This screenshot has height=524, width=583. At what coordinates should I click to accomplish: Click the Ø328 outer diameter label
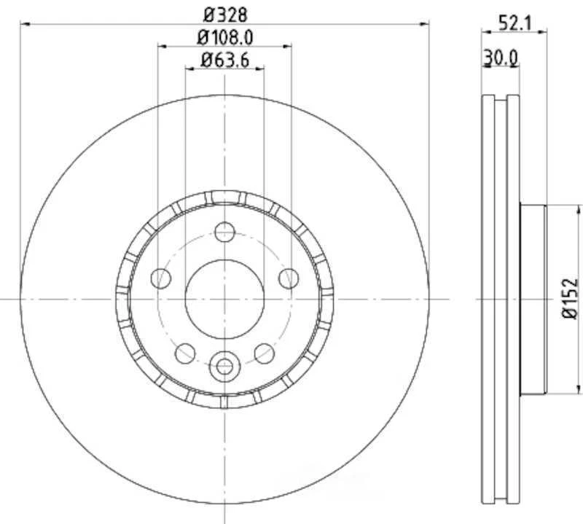(x=224, y=13)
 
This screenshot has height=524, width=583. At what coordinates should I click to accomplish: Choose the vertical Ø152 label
(x=570, y=298)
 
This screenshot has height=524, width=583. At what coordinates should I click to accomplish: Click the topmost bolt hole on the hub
(x=224, y=232)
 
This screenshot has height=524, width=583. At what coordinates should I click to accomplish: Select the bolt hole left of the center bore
(x=160, y=278)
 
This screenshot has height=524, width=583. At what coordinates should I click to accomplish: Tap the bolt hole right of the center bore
(x=289, y=278)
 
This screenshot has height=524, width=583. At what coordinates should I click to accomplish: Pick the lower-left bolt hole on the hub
(x=185, y=353)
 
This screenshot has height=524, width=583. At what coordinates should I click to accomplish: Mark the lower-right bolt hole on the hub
(x=264, y=353)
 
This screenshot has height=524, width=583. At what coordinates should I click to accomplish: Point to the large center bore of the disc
(x=224, y=298)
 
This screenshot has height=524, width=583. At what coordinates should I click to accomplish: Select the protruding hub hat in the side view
(x=532, y=298)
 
